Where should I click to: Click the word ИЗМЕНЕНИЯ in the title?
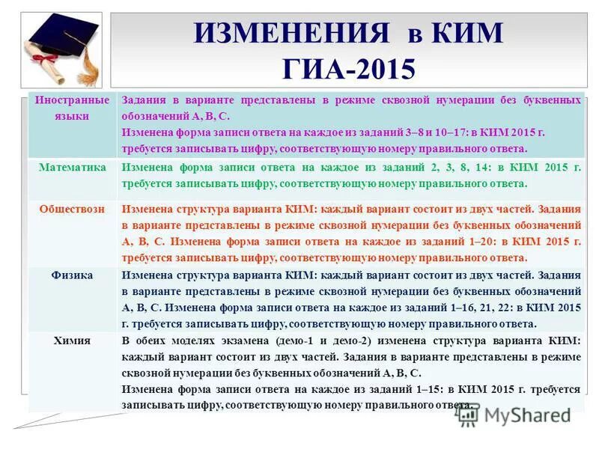[x=291, y=34]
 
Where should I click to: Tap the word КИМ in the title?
[x=466, y=34]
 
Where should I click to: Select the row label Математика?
[x=72, y=168]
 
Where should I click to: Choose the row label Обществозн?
[x=72, y=209]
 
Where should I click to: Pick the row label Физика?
[x=72, y=275]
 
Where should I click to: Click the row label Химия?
[x=72, y=340]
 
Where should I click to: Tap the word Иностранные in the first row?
[x=72, y=100]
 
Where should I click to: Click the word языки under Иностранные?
[x=72, y=116]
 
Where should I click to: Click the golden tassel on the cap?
[x=89, y=64]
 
